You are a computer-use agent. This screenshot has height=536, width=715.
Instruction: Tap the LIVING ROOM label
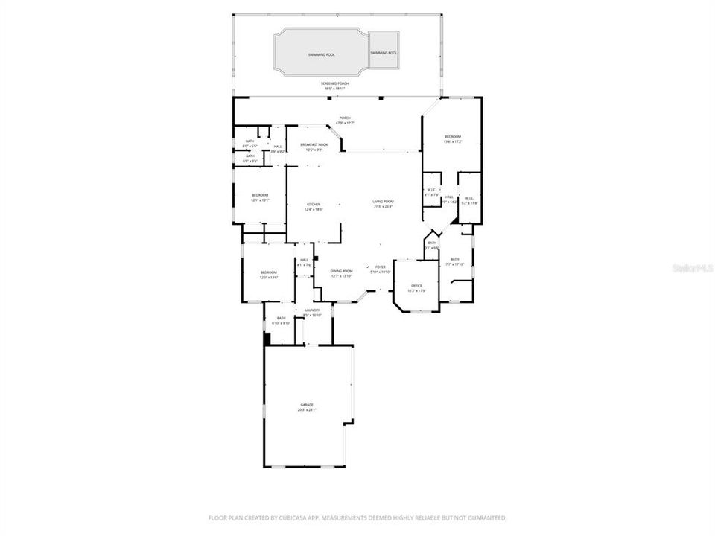(384, 202)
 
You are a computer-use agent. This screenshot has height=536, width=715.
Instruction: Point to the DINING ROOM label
(341, 271)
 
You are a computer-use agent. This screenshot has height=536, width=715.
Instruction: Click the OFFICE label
(417, 286)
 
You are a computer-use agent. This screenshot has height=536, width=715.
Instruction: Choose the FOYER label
(380, 267)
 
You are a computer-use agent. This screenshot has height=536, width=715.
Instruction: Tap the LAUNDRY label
(312, 310)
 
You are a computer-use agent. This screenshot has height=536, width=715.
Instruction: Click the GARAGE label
(307, 405)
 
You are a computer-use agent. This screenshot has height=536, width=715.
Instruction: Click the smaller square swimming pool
(384, 53)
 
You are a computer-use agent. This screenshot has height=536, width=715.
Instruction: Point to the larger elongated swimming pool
(321, 54)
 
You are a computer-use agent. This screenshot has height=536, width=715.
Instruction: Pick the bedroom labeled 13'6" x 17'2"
(453, 138)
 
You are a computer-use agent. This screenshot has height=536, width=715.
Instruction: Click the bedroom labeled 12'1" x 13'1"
(259, 196)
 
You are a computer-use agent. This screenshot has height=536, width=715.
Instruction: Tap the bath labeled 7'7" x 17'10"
(454, 260)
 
